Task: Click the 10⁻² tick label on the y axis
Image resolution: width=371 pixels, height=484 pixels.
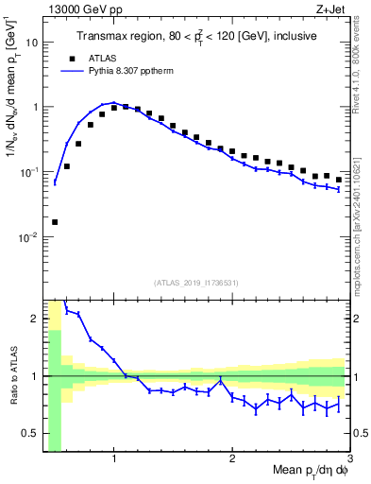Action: tap(29, 237)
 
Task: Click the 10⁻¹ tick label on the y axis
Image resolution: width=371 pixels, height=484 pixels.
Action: tap(29, 172)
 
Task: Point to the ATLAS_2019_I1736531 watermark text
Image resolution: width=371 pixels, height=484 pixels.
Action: tap(195, 282)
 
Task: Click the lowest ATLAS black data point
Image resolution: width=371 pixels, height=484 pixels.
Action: tap(55, 222)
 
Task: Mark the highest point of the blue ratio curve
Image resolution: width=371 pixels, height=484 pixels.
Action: tap(66, 309)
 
